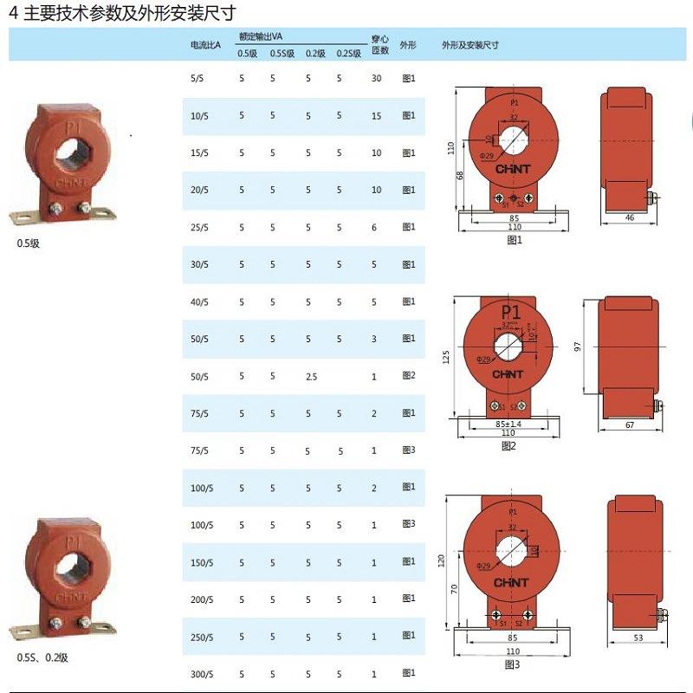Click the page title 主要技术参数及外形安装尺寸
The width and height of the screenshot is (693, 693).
126,13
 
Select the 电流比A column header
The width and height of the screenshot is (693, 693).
205,44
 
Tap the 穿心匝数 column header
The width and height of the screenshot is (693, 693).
379,44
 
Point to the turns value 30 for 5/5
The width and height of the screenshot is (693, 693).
376,79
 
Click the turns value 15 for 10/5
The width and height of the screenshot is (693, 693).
376,115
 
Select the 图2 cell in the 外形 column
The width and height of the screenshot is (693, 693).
409,376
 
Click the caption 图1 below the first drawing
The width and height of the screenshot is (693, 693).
515,240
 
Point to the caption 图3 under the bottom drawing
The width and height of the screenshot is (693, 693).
512,664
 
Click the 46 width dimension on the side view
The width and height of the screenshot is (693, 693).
630,218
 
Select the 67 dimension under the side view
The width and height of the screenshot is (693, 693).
630,425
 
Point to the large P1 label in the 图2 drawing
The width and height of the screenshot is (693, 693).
511,312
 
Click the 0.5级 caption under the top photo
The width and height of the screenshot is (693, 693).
29,243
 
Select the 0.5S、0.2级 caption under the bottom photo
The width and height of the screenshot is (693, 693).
42,657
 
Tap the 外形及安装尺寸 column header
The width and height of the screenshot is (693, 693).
470,44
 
